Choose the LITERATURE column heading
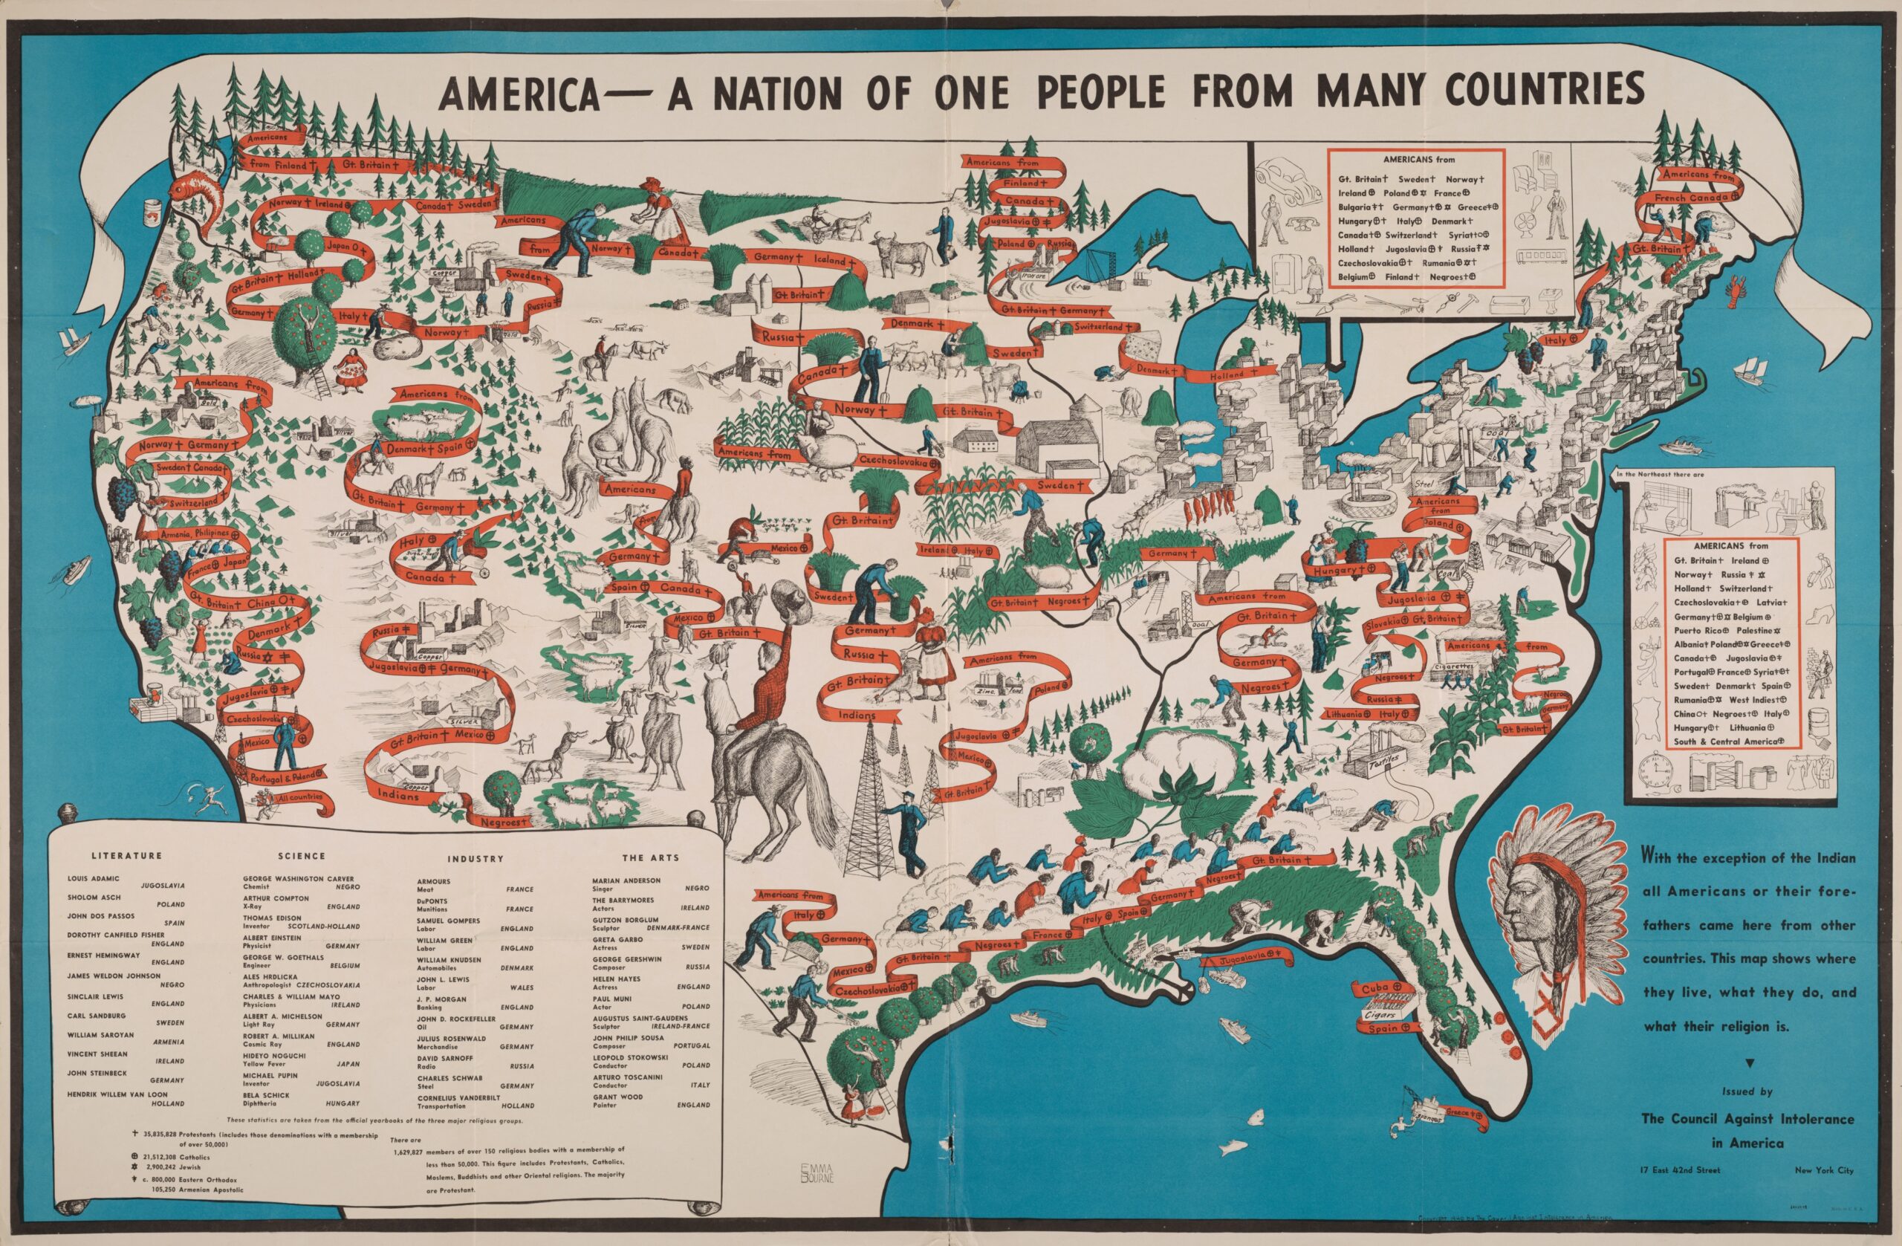[x=128, y=856]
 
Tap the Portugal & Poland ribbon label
[x=284, y=776]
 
